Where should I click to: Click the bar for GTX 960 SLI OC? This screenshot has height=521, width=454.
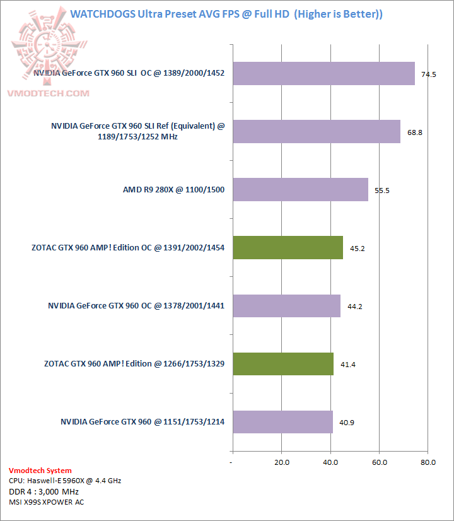click(323, 73)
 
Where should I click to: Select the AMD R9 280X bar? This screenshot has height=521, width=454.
click(300, 189)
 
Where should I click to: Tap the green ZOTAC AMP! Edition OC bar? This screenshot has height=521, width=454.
click(288, 248)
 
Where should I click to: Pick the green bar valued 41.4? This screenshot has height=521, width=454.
click(283, 364)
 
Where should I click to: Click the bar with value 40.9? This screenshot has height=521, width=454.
click(282, 422)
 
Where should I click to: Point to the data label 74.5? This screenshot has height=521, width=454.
click(429, 74)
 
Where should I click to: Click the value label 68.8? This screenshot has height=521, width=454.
click(414, 132)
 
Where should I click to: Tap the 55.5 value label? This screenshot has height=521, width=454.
click(382, 190)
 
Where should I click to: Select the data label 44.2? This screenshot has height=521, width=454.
click(354, 307)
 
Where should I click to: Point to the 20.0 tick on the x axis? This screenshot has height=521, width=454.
click(281, 462)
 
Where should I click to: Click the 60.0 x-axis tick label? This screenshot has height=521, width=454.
click(379, 462)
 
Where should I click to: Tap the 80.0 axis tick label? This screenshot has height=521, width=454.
click(428, 462)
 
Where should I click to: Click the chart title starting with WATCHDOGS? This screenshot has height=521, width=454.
click(226, 13)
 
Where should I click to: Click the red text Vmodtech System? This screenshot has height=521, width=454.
click(40, 471)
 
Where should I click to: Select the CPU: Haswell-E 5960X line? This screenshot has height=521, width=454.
click(65, 481)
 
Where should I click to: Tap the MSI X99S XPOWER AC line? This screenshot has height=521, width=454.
click(47, 502)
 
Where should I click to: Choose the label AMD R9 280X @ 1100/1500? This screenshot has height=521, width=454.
click(174, 190)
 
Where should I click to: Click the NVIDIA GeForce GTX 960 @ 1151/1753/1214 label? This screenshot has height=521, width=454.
click(143, 422)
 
